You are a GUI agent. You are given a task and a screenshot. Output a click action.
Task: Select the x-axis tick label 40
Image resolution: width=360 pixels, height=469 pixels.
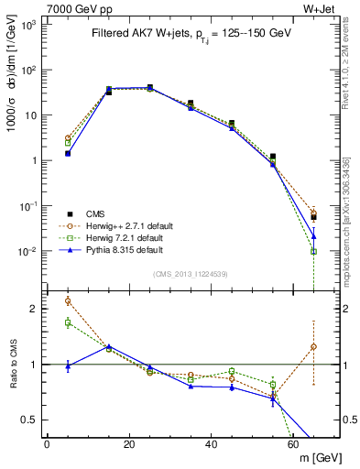point(212,443)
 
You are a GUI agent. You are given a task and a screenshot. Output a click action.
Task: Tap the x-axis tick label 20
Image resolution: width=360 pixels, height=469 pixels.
point(129,443)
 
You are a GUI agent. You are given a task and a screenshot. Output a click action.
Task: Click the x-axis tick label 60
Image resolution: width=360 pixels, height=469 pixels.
point(294,443)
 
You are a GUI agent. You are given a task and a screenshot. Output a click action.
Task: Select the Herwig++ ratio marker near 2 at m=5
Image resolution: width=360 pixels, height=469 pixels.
point(68,300)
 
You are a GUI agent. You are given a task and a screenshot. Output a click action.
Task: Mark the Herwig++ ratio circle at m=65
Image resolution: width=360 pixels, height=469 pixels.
point(314,346)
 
